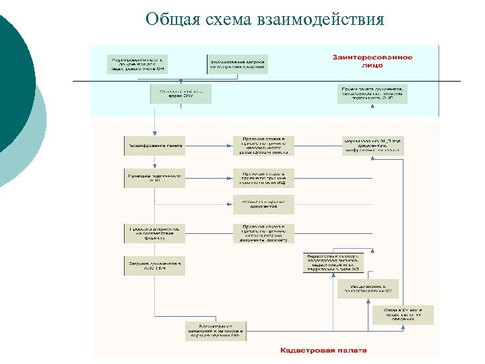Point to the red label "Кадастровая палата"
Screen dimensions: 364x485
(x=323, y=351)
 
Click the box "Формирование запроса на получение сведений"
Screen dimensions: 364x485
(x=238, y=63)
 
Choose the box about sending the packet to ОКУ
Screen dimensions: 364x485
(x=180, y=94)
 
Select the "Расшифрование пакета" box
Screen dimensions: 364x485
(x=154, y=145)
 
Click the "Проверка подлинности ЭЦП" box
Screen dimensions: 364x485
(x=154, y=177)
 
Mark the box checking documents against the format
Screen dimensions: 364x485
(x=154, y=233)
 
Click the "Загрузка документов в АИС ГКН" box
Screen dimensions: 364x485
(x=154, y=265)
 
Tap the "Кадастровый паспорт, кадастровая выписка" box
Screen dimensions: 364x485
(x=333, y=263)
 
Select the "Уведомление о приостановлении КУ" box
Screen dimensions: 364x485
(x=368, y=289)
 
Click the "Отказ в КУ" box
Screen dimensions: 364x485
(x=403, y=314)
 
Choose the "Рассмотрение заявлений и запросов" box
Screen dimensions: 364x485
(x=216, y=331)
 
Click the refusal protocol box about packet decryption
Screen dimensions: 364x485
(x=263, y=145)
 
